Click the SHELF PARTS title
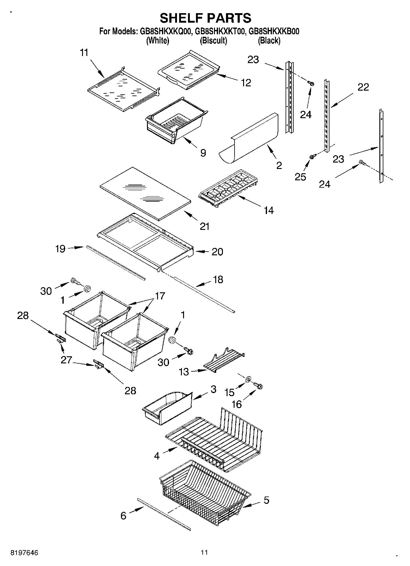[205, 18]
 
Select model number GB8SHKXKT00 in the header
[220, 31]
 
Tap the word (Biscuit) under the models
[213, 40]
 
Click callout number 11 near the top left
[84, 53]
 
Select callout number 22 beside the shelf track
[363, 87]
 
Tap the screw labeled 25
[312, 157]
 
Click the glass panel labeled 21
[145, 193]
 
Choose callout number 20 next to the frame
[217, 252]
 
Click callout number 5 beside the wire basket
[266, 500]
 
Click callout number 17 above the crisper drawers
[160, 296]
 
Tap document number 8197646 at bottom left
[24, 553]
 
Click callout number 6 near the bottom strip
[123, 516]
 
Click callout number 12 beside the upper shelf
[246, 83]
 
